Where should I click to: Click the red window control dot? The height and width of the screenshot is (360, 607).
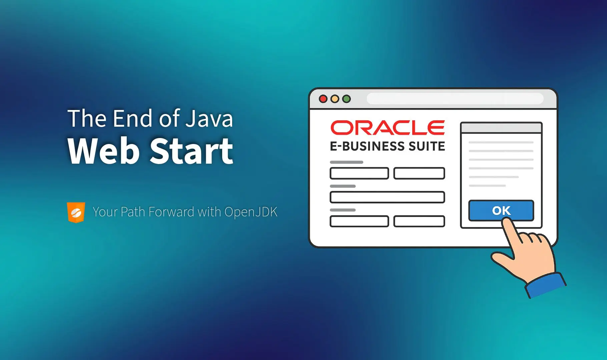(x=323, y=99)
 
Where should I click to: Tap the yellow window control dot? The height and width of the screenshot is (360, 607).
(x=335, y=99)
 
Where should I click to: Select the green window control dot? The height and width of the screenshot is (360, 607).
(x=347, y=99)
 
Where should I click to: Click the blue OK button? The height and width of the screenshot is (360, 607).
(x=501, y=210)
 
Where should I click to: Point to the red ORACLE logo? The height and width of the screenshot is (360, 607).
(x=388, y=128)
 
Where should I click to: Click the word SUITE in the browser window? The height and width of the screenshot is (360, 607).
(x=427, y=146)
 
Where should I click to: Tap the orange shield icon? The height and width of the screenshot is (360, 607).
(x=76, y=212)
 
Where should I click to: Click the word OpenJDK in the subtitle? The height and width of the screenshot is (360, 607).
(x=251, y=212)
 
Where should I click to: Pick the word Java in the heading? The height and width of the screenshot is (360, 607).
(x=209, y=118)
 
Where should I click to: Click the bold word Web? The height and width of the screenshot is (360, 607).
(x=103, y=151)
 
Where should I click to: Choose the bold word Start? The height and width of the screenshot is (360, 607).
(x=191, y=151)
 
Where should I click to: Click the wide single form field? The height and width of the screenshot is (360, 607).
(x=387, y=197)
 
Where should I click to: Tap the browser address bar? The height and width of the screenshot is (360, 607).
(x=455, y=99)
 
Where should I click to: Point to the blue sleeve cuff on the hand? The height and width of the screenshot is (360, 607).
(x=546, y=285)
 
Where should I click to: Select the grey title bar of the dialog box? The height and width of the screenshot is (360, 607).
(x=501, y=128)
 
